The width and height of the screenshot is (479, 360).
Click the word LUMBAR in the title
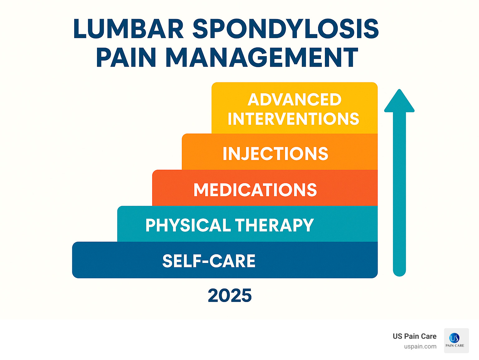pyautogui.click(x=128, y=29)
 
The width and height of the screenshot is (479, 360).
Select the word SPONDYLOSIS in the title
pyautogui.click(x=286, y=29)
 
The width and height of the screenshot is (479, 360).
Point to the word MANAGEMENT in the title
pyautogui.click(x=262, y=58)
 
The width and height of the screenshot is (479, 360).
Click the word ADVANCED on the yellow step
pyautogui.click(x=294, y=100)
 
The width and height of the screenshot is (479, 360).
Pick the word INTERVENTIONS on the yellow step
pyautogui.click(x=293, y=119)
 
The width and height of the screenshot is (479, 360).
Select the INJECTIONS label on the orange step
pyautogui.click(x=275, y=153)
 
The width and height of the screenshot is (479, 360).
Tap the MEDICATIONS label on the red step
pyautogui.click(x=255, y=190)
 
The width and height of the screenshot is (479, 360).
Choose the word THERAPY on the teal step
pyautogui.click(x=274, y=225)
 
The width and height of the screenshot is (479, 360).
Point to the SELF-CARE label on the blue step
pyautogui.click(x=209, y=261)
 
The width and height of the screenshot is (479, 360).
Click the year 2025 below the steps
pyautogui.click(x=230, y=295)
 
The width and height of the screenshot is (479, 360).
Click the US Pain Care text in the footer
pyautogui.click(x=414, y=336)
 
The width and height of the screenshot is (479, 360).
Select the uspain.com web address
pyautogui.click(x=420, y=347)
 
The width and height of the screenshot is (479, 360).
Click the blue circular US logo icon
pyautogui.click(x=454, y=338)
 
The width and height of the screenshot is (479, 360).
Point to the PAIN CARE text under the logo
pyautogui.click(x=455, y=346)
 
